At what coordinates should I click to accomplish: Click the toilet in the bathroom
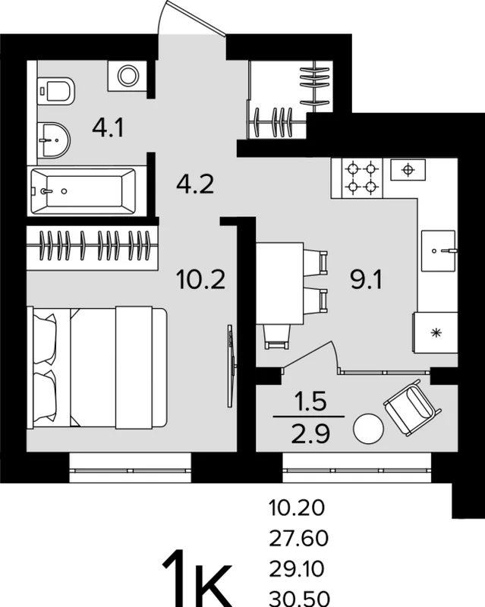pos(55,91)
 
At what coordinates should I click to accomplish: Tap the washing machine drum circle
pos(128,75)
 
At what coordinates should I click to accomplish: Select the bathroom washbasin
pos(54,140)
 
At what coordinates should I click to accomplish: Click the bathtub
pos(83,191)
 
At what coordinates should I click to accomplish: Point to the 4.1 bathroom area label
pos(108,127)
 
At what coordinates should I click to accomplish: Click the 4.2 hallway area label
pos(195,184)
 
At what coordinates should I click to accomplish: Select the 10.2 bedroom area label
pos(200,279)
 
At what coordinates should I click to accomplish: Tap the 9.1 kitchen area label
pos(366,279)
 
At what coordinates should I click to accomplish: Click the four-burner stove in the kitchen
pos(362,178)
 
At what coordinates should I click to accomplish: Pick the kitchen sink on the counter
pos(438,251)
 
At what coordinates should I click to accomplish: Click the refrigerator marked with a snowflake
pos(436,332)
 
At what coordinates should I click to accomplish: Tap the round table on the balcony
pos(368,429)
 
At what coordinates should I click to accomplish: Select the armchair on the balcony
pos(412,407)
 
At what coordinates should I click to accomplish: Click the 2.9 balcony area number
pos(310,434)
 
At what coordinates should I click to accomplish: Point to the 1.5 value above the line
pos(310,401)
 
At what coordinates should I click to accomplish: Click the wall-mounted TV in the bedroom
pos(231,366)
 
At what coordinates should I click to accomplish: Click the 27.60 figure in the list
pos(299,538)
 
